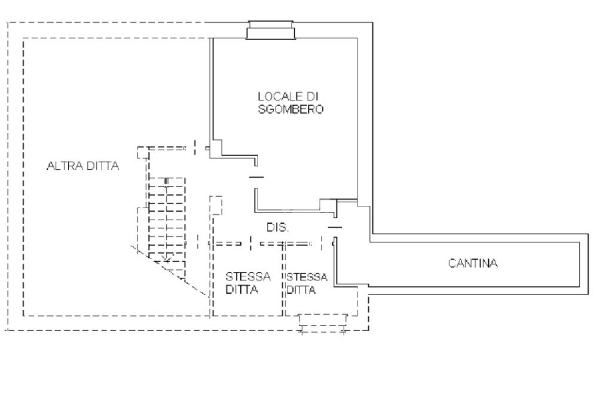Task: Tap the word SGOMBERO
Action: click(291, 109)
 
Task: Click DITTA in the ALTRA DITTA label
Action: click(103, 166)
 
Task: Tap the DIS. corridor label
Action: click(277, 227)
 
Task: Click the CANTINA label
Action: click(473, 263)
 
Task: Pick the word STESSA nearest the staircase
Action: click(248, 277)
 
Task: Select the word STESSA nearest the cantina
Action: click(307, 277)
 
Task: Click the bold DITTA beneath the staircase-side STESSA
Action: click(242, 290)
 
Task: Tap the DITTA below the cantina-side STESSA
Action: click(301, 290)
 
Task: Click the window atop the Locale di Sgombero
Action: click(271, 30)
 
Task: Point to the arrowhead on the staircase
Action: click(167, 258)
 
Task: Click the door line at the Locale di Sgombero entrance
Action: click(256, 177)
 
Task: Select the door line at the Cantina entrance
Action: click(335, 227)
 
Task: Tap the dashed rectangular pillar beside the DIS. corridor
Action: click(216, 205)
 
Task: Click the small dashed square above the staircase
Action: click(143, 153)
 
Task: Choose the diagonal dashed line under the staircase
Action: click(169, 270)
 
